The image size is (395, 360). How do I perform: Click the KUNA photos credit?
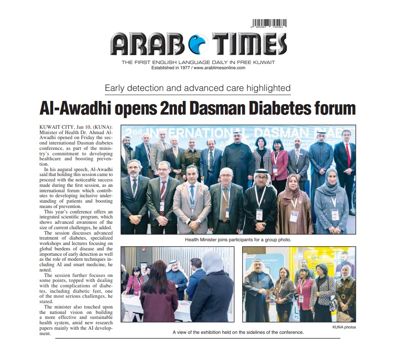point(344,327)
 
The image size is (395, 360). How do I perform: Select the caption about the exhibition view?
point(238,332)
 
